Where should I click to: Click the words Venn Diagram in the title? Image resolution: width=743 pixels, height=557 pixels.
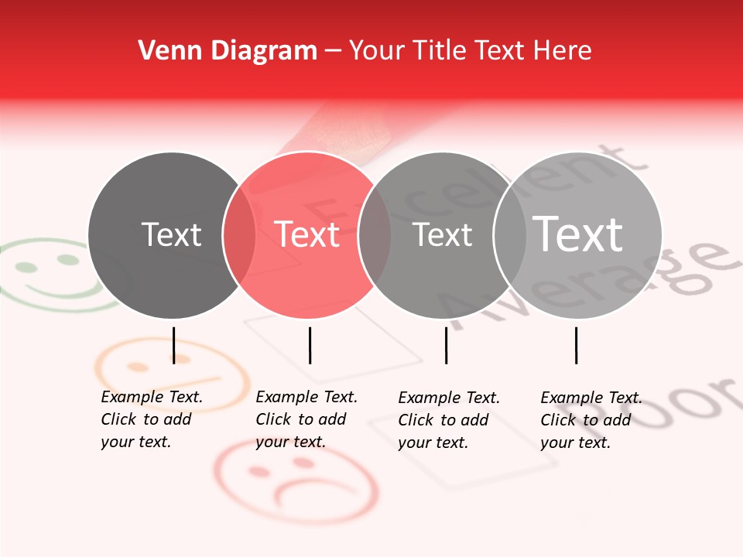point(228,51)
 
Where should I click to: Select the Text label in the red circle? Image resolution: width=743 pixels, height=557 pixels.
point(307,234)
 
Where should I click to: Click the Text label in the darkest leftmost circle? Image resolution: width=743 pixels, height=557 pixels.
point(171,234)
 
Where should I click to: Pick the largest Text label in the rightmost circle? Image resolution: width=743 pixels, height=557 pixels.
point(578,234)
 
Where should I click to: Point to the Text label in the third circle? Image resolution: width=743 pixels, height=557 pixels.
point(442,234)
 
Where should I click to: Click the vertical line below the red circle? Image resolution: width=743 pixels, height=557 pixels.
point(310,345)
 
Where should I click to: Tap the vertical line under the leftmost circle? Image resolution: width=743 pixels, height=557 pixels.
point(173,345)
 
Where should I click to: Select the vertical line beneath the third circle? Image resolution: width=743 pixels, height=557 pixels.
point(446,345)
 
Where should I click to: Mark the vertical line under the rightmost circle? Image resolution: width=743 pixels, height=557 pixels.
point(576,345)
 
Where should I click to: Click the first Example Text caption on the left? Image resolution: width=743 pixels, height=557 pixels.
point(152,419)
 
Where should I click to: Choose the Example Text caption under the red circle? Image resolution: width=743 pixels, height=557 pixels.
point(306,419)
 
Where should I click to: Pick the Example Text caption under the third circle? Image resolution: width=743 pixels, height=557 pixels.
point(449,420)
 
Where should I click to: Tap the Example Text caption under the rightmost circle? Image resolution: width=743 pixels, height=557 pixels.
point(591,420)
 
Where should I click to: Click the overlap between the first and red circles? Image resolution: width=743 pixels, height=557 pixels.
point(239,235)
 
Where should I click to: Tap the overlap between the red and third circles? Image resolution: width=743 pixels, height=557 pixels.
point(375,235)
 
